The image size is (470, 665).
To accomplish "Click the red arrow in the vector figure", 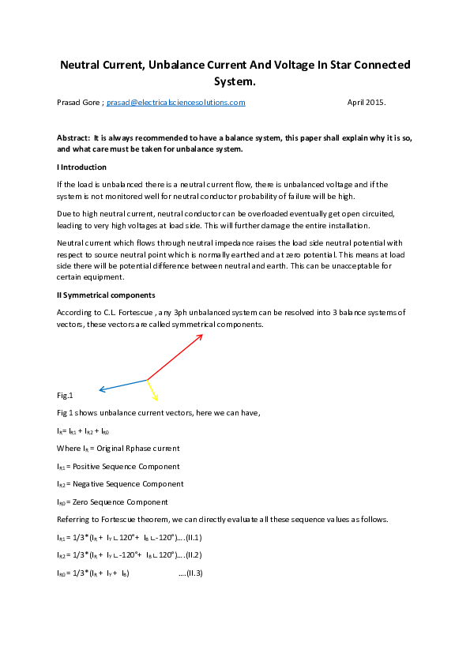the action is (175, 357).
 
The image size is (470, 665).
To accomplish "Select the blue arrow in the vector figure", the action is (122, 385).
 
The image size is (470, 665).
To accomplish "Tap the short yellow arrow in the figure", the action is (153, 391).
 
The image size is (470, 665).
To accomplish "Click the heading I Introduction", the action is (81, 167).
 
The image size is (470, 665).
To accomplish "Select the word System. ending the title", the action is (235, 81).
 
